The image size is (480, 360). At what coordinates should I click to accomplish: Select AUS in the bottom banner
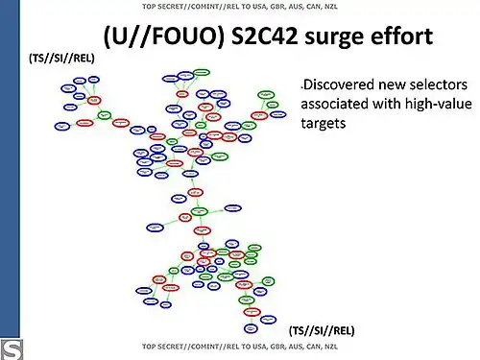coord(280,346)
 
